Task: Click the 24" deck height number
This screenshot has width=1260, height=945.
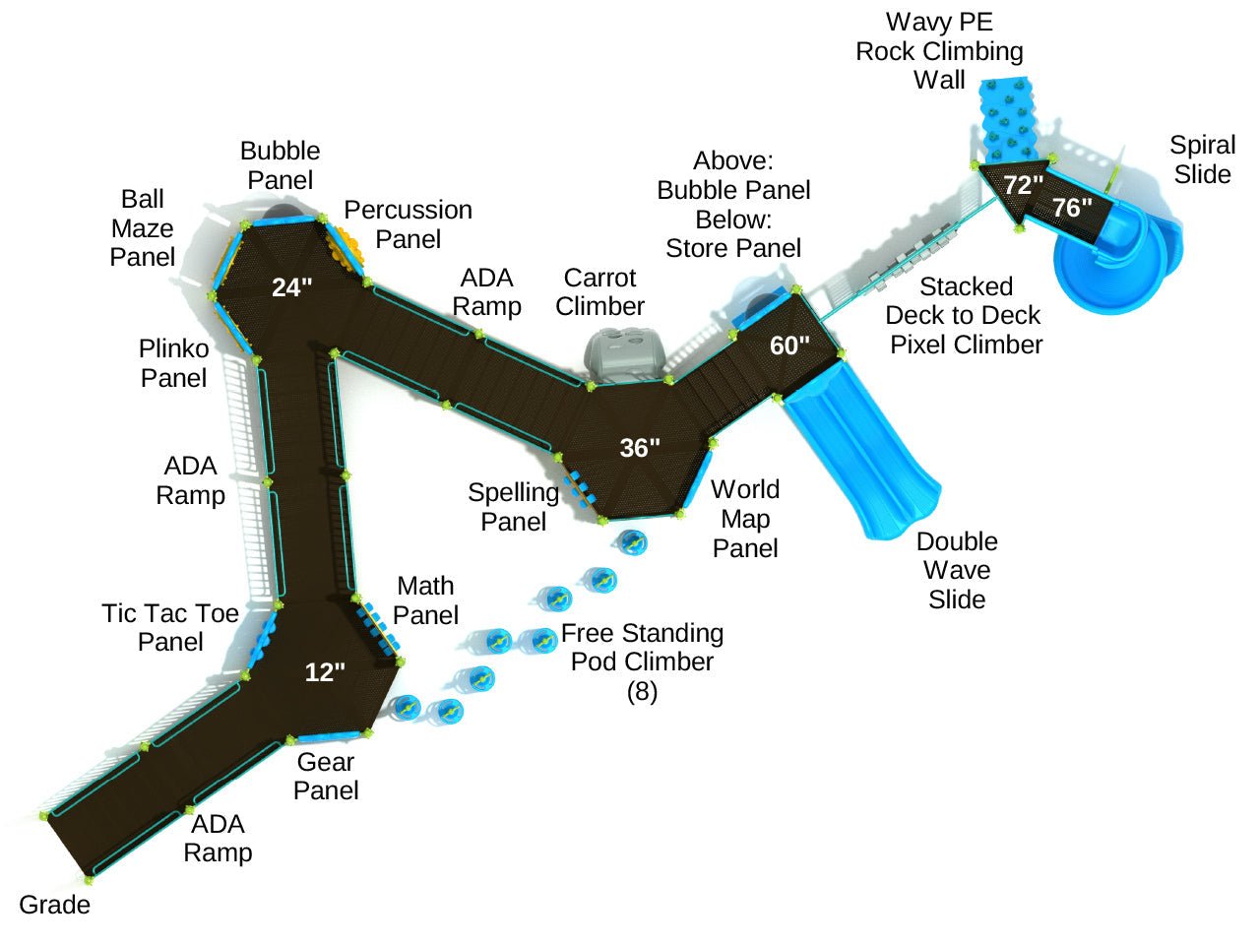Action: pos(291,287)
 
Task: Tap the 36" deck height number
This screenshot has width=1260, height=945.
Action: pos(640,448)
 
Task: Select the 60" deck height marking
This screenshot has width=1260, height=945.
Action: pos(789,346)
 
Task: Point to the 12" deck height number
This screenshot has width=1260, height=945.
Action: pos(325,672)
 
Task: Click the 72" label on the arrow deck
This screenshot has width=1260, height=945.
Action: pos(1023,185)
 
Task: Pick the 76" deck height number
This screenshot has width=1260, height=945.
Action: pos(1072,208)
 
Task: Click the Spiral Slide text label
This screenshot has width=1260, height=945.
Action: pos(1202,159)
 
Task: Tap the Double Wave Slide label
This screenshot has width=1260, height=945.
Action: pos(957,570)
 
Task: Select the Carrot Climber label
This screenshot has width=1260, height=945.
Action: pos(599,291)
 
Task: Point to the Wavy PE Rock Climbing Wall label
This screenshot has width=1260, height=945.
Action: pos(939,51)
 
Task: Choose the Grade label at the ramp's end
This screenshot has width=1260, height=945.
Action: pos(55,905)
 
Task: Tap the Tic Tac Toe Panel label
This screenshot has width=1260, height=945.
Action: pos(170,627)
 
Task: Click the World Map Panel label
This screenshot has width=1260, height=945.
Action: pos(745,519)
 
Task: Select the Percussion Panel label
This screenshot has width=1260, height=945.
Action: pos(408,224)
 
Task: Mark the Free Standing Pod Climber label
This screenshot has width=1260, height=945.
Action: pos(642,661)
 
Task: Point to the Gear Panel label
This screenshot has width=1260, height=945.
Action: pos(326,776)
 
